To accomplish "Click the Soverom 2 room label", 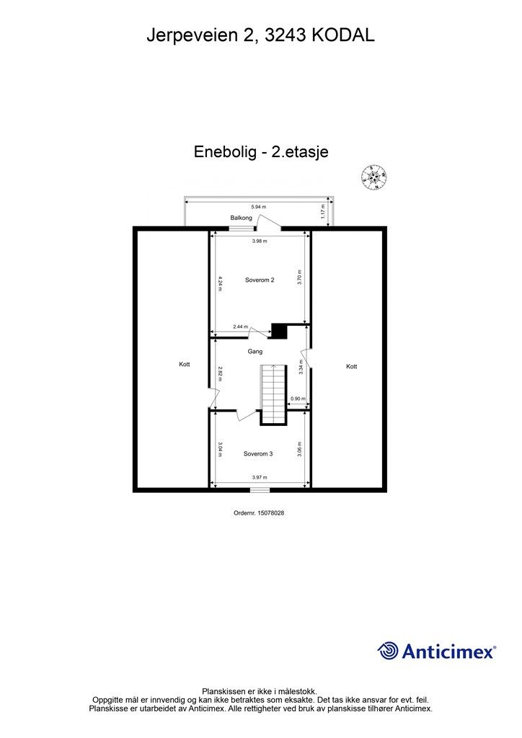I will [x=260, y=280].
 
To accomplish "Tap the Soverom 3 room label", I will [x=258, y=453].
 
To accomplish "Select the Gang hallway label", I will [x=255, y=352].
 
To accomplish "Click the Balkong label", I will [x=241, y=218].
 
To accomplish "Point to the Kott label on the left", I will [x=185, y=365].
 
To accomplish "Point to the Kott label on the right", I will [x=351, y=367].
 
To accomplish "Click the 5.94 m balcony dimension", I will [x=259, y=207].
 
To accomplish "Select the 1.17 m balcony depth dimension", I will [x=322, y=212].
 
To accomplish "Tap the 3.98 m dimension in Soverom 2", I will [x=260, y=241].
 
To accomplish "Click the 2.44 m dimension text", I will [x=240, y=327].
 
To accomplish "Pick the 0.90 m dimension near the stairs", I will [x=297, y=399].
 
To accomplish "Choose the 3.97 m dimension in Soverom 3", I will [x=260, y=477].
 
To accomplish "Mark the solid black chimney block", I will [x=279, y=331].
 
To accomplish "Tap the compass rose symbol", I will [x=374, y=177].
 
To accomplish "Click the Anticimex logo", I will [x=437, y=652].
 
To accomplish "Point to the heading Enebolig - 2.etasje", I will [x=261, y=152].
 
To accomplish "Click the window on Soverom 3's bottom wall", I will [x=260, y=490].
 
